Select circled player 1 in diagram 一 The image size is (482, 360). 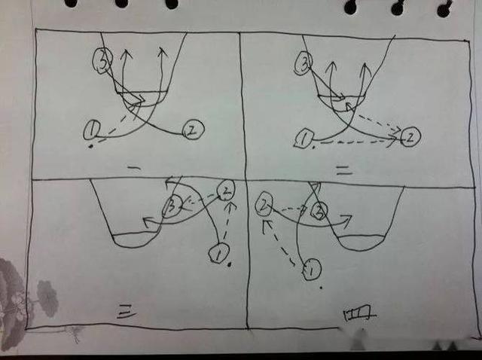pyautogui.click(x=92, y=130)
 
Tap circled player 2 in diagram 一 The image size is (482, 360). pyautogui.click(x=194, y=130)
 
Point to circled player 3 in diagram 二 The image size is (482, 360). pyautogui.click(x=303, y=63)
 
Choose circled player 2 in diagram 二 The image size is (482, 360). pyautogui.click(x=410, y=136)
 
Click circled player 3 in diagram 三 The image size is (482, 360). pyautogui.click(x=172, y=206)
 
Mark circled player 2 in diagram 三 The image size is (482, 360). pyautogui.click(x=226, y=191)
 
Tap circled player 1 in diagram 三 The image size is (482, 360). pyautogui.click(x=218, y=253)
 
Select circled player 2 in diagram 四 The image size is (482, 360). pyautogui.click(x=264, y=203)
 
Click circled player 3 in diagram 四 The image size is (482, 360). pyautogui.click(x=319, y=210)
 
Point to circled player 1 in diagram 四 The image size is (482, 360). pyautogui.click(x=311, y=269)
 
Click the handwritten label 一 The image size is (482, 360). pyautogui.click(x=134, y=168)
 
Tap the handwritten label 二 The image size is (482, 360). pyautogui.click(x=343, y=170)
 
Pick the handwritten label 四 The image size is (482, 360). pyautogui.click(x=359, y=313)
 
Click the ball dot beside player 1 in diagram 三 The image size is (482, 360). pyautogui.click(x=229, y=264)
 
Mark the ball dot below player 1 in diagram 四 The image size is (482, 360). pyautogui.click(x=322, y=288)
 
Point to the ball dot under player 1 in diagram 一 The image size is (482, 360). pyautogui.click(x=90, y=147)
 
